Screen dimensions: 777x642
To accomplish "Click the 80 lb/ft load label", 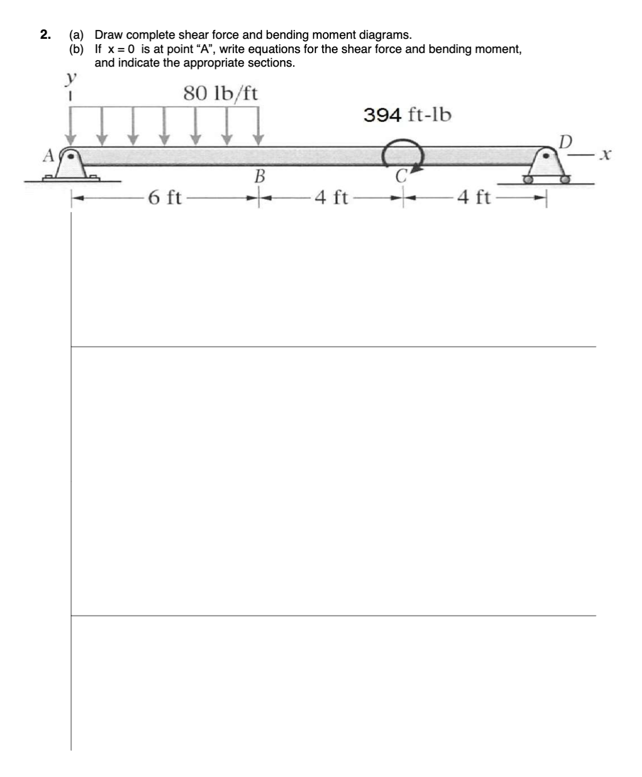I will (x=220, y=94).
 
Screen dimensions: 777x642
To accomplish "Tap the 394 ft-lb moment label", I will (x=407, y=115).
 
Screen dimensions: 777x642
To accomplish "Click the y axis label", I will (x=69, y=79).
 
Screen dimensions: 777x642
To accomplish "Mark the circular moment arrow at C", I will (x=402, y=154).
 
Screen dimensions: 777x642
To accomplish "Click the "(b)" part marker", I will (x=77, y=49).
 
